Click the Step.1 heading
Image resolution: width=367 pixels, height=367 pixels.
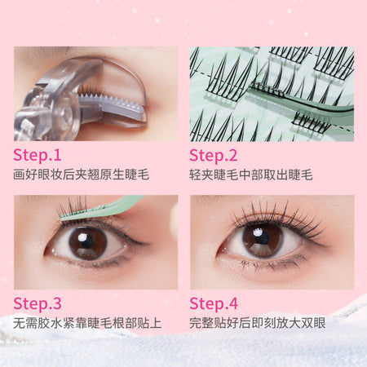38,156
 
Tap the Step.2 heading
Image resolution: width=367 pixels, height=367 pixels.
214,156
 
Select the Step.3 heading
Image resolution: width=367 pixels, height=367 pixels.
38,303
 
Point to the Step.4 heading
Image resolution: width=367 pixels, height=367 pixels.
214,303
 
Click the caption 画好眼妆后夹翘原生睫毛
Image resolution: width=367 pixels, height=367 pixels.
81,175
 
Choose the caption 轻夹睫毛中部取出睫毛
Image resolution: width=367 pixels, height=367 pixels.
251,175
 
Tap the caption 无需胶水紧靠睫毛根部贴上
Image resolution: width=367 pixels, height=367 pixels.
87,323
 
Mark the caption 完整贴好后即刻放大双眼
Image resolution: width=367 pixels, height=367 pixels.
258,323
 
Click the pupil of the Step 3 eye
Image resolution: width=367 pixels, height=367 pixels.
87,243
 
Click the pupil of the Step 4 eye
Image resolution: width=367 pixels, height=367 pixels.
262,240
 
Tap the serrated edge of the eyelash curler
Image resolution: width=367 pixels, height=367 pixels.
112,100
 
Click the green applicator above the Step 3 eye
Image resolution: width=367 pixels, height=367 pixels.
102,209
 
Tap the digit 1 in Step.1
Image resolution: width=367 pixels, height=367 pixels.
57,155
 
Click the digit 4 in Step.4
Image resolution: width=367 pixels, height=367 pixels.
233,303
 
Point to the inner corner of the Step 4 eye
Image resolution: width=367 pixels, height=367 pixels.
219,255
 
